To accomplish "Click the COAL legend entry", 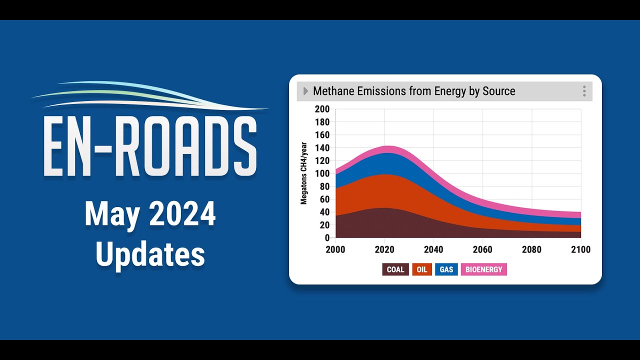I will (395, 269).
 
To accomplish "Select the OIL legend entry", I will (422, 269).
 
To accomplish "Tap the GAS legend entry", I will (446, 269).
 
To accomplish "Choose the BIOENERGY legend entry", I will (483, 269).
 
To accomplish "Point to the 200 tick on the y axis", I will (322, 109).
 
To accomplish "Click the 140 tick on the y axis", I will (322, 147).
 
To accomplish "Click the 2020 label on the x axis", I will (384, 249).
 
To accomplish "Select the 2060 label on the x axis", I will (482, 249).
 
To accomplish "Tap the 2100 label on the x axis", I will (581, 249).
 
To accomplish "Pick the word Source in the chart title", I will (498, 91).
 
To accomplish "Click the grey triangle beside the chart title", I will (305, 91).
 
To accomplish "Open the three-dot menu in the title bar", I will (584, 91).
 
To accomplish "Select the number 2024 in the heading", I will (182, 214).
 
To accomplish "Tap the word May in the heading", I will (109, 214).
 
